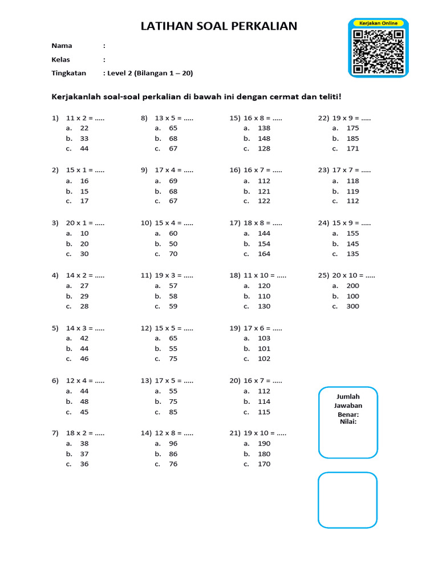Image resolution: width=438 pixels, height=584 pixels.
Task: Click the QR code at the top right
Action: pyautogui.click(x=378, y=52)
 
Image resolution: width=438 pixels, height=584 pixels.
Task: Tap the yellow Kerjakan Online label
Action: pyautogui.click(x=379, y=23)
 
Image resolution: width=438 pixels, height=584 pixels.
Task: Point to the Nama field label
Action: pyautogui.click(x=62, y=46)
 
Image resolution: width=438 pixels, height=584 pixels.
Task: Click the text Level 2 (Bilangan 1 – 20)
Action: pyautogui.click(x=147, y=73)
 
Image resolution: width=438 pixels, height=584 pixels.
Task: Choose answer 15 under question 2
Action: pyautogui.click(x=84, y=192)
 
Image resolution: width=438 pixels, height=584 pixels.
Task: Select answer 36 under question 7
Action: pyautogui.click(x=84, y=464)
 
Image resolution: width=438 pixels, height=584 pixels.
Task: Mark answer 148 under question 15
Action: pyautogui.click(x=264, y=139)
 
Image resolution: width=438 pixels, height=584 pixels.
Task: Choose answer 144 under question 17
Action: pyautogui.click(x=264, y=233)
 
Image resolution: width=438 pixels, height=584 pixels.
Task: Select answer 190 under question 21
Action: pyautogui.click(x=264, y=443)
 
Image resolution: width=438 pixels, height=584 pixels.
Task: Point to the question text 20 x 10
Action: pyautogui.click(x=346, y=275)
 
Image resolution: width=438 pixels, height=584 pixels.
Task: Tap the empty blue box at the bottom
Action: pyautogui.click(x=348, y=500)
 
